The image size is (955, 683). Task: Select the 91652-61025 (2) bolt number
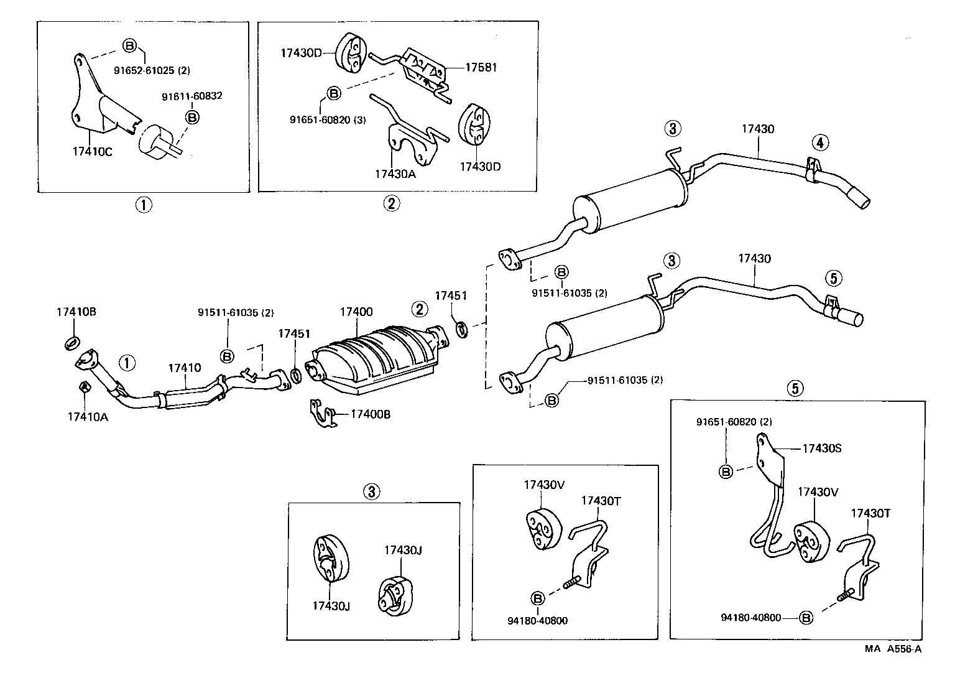[x=152, y=70]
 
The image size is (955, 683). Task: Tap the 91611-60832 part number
[x=192, y=96]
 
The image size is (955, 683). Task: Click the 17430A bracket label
[x=395, y=174]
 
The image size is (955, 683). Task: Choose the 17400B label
[x=371, y=414]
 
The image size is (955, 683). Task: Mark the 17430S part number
[x=821, y=448]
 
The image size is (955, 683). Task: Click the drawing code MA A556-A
[x=893, y=649]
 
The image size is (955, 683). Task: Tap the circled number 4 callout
[x=819, y=143]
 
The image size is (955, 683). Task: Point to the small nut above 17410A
[x=83, y=387]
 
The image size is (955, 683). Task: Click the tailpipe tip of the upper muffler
[x=860, y=206]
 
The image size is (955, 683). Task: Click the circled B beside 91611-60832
[x=193, y=117]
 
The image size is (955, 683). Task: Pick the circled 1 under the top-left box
[x=144, y=204]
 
